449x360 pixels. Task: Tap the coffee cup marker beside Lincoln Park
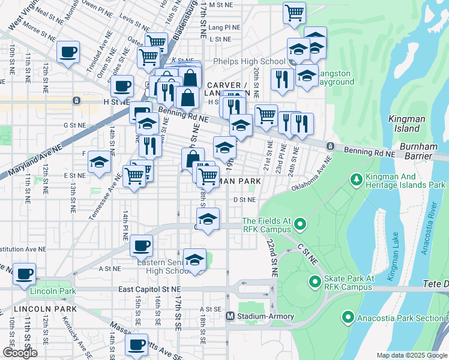pos(25,274)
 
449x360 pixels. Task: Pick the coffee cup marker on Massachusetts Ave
pos(136,346)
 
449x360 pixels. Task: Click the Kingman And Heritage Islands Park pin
pos(356,179)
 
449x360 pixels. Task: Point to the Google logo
pos(20,353)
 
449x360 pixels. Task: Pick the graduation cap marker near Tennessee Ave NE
pos(99,162)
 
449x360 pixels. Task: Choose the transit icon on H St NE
pos(77,101)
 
